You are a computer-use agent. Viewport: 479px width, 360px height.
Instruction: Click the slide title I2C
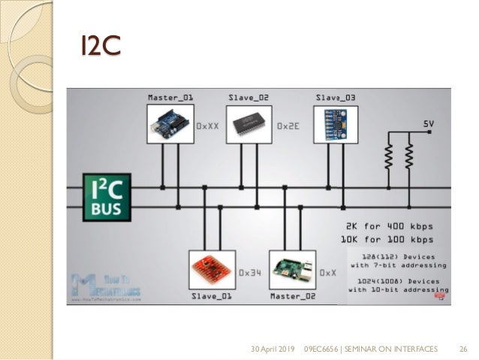coord(101,45)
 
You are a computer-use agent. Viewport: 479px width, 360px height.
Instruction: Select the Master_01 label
coord(170,98)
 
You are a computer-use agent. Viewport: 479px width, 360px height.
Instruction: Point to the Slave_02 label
coord(249,98)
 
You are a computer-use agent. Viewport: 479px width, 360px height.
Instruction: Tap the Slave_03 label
coord(336,98)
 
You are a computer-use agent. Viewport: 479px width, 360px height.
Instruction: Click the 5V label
coord(428,123)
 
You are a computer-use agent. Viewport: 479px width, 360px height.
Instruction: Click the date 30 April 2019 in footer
coord(273,349)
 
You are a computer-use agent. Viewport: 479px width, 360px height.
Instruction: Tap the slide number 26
coord(463,349)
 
